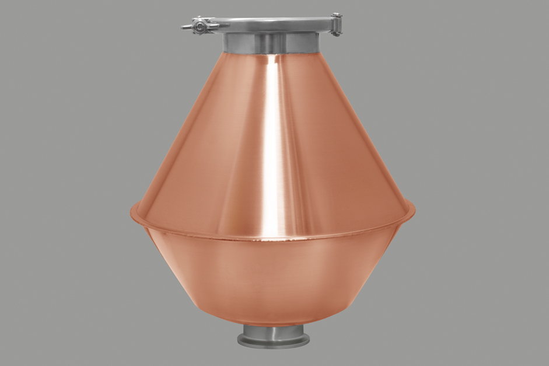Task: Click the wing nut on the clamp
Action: [200, 26]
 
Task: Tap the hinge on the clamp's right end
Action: [336, 25]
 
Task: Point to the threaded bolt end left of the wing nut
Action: [185, 27]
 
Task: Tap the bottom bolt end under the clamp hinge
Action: [337, 34]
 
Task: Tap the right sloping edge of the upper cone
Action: [362, 128]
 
